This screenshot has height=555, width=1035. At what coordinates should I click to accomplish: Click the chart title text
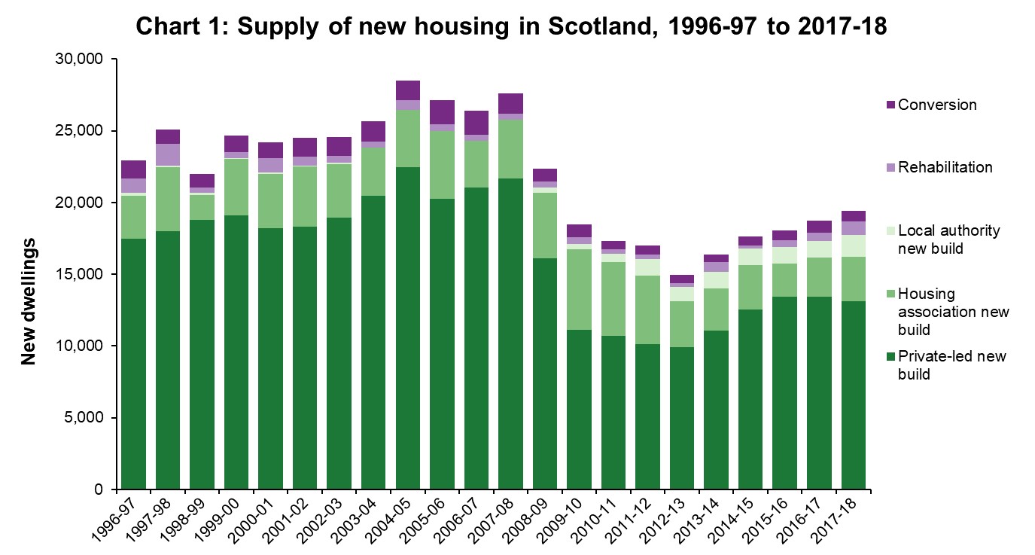pyautogui.click(x=512, y=27)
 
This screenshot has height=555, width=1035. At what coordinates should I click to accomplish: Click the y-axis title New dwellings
pyautogui.click(x=29, y=301)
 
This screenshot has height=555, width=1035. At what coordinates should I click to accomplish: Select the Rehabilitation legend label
pyautogui.click(x=948, y=167)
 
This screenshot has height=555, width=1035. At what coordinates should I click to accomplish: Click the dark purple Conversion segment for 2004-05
pyautogui.click(x=408, y=90)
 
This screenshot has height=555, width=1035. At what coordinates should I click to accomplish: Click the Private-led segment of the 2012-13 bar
pyautogui.click(x=682, y=418)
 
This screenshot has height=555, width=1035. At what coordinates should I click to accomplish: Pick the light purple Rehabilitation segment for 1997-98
pyautogui.click(x=168, y=154)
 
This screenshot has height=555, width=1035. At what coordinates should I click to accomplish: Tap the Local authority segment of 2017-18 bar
pyautogui.click(x=854, y=246)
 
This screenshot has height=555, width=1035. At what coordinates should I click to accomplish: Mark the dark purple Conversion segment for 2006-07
pyautogui.click(x=476, y=123)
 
